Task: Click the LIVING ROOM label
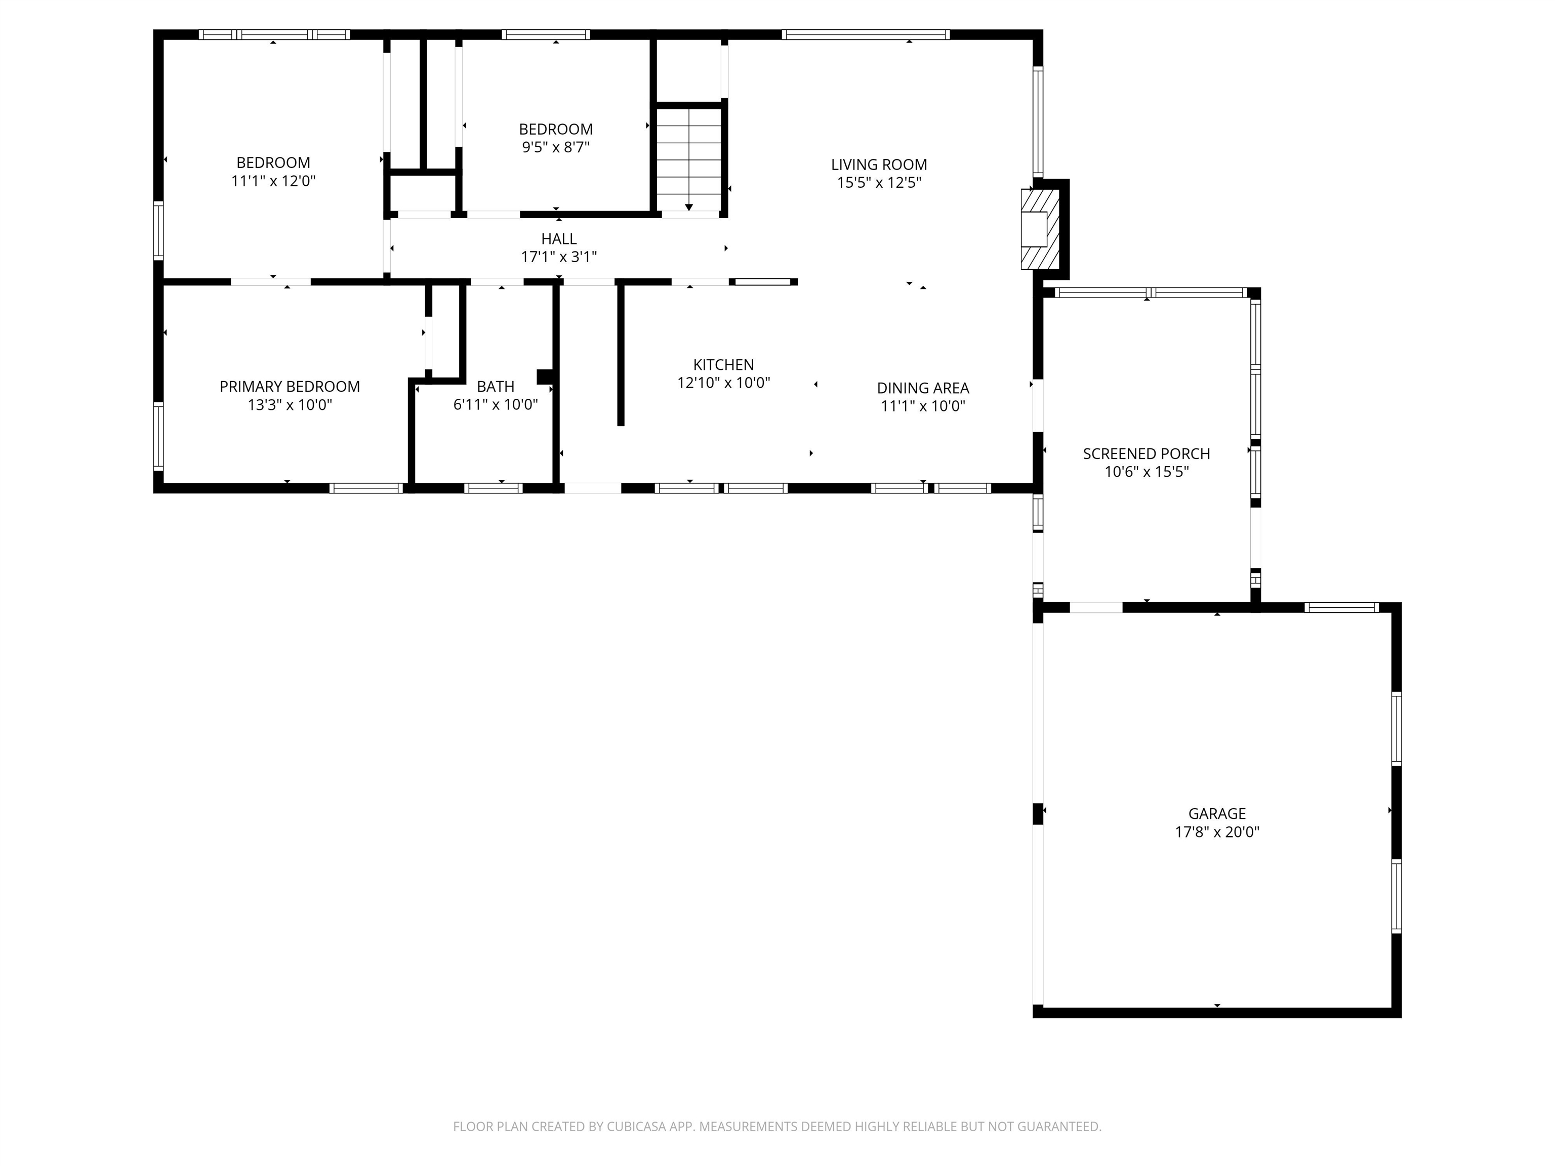879,164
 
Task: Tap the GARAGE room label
1217,813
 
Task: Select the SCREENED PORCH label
1147,453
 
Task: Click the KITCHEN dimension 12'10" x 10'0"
723,383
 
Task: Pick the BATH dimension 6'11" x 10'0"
496,405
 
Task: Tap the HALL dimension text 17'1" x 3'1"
559,257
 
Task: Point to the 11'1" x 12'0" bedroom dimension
273,181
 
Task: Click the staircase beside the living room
689,159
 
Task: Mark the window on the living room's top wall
866,34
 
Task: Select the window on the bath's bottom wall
493,488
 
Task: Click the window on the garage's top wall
1342,607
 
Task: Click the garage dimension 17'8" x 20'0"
1217,832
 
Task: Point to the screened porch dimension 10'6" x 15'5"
1147,472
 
